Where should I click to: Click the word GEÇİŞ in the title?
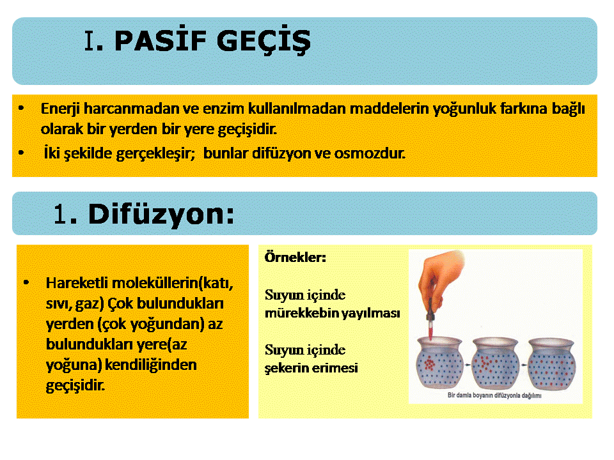(x=264, y=41)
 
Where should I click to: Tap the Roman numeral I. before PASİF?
(x=93, y=41)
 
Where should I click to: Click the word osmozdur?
(x=370, y=153)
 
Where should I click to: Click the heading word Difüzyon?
(x=161, y=215)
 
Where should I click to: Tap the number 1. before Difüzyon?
(x=65, y=215)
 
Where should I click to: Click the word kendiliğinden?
(x=151, y=365)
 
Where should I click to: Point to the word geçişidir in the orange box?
(x=75, y=386)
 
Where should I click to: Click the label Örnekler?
(x=295, y=257)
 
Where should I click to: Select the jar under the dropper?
(x=439, y=363)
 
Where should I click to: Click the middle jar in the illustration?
(x=495, y=363)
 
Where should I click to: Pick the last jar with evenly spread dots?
(x=551, y=364)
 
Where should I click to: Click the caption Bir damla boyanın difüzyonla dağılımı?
(x=494, y=395)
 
